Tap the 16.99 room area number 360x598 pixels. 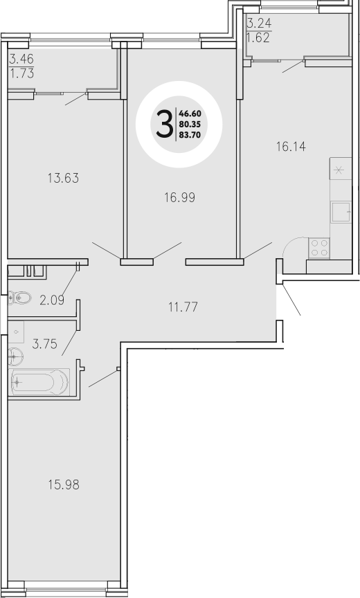pyautogui.click(x=179, y=197)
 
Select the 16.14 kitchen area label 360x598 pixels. pyautogui.click(x=290, y=147)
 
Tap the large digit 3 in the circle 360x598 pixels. pyautogui.click(x=165, y=125)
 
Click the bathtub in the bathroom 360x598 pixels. pyautogui.click(x=40, y=380)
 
